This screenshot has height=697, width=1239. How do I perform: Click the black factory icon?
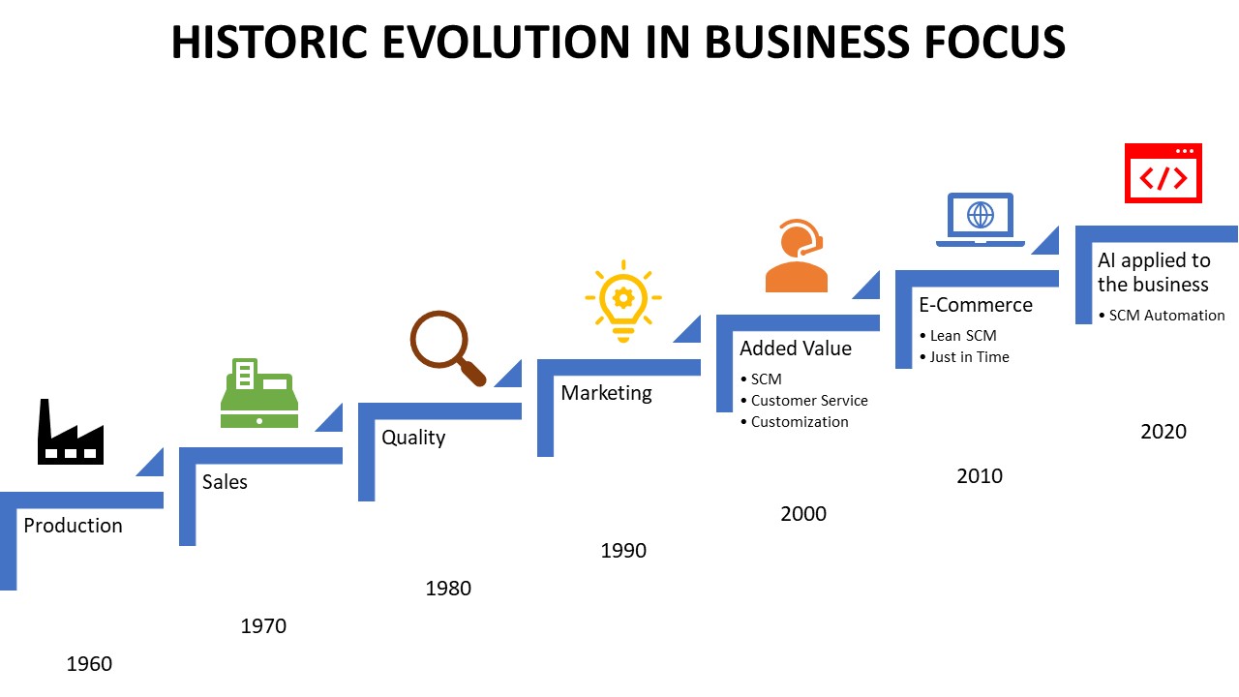[71, 433]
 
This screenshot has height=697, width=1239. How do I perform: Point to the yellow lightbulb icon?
[623, 300]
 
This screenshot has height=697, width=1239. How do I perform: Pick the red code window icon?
[1163, 173]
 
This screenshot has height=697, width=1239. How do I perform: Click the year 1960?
[89, 664]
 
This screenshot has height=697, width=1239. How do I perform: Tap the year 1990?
[623, 551]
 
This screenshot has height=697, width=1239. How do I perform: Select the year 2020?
[1163, 432]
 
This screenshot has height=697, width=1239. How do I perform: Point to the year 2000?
[803, 514]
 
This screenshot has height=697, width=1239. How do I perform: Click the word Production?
[74, 526]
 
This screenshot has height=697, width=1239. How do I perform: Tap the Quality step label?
[413, 438]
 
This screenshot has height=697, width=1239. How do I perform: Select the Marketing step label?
[607, 393]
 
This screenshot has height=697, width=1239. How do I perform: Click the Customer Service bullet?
[809, 401]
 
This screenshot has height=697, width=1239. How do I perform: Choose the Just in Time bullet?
[969, 357]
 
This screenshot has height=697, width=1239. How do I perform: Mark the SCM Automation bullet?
[1166, 316]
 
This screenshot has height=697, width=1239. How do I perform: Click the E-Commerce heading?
[976, 305]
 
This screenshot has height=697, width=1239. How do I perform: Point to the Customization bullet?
[800, 422]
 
